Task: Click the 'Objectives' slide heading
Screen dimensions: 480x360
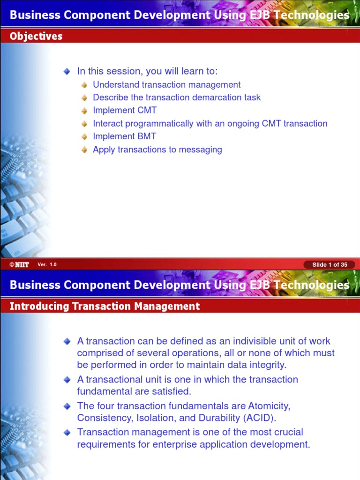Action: pos(36,36)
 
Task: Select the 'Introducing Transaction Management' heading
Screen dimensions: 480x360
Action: pos(105,306)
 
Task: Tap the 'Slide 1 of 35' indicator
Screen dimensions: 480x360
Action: pos(330,265)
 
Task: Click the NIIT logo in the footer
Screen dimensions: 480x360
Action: pos(19,265)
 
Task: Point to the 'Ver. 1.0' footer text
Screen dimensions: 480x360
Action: pos(47,265)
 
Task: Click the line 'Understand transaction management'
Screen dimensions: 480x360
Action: pos(166,84)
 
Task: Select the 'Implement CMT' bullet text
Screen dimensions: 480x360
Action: pos(125,110)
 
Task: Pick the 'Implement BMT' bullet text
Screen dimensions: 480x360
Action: pos(125,136)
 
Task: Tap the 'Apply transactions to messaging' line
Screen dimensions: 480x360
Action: pos(157,150)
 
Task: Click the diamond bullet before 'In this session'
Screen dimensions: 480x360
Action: pos(67,71)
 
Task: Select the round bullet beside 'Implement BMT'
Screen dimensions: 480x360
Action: pos(84,137)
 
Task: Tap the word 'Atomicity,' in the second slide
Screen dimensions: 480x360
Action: pos(270,405)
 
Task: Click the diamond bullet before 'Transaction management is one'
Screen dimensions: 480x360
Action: pos(67,432)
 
